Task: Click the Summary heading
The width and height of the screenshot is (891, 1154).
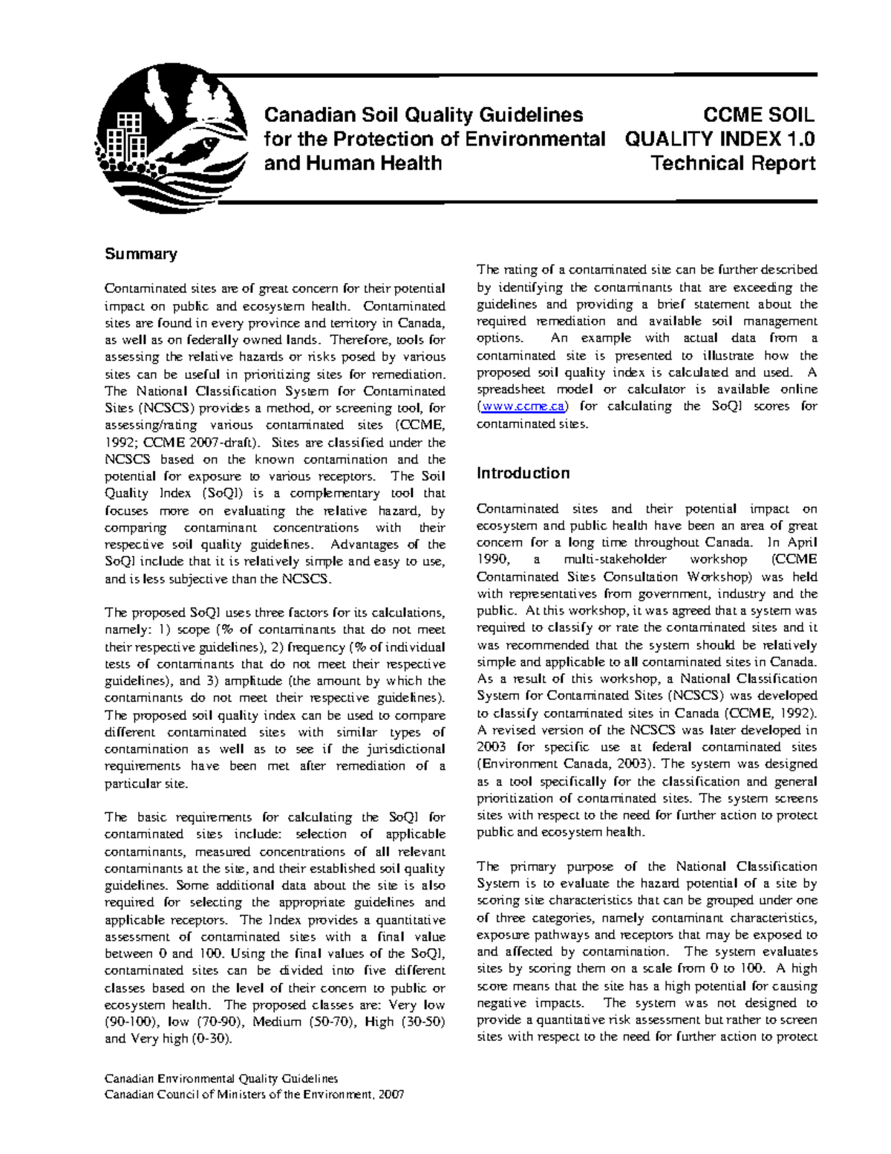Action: click(x=141, y=254)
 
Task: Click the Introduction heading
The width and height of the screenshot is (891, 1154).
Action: click(x=523, y=473)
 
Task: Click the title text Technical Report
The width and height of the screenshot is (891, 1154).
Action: click(x=733, y=163)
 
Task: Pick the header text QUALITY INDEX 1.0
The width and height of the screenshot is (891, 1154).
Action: click(x=719, y=139)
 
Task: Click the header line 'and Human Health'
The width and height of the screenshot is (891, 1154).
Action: click(x=353, y=163)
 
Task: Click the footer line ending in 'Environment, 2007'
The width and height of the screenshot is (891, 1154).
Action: click(x=254, y=1096)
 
